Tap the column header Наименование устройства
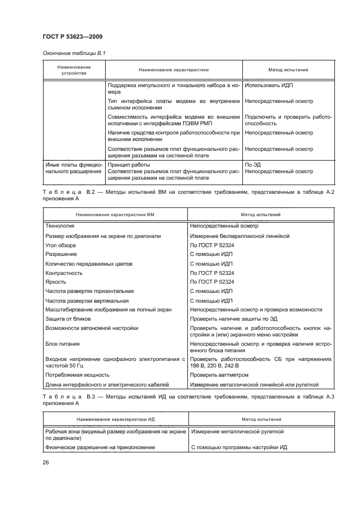tap(74, 70)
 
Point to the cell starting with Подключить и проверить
tap(289, 120)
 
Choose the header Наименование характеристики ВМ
tap(115, 214)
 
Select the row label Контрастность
tap(64, 273)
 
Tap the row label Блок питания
tap(62, 344)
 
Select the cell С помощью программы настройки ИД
tap(238, 447)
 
